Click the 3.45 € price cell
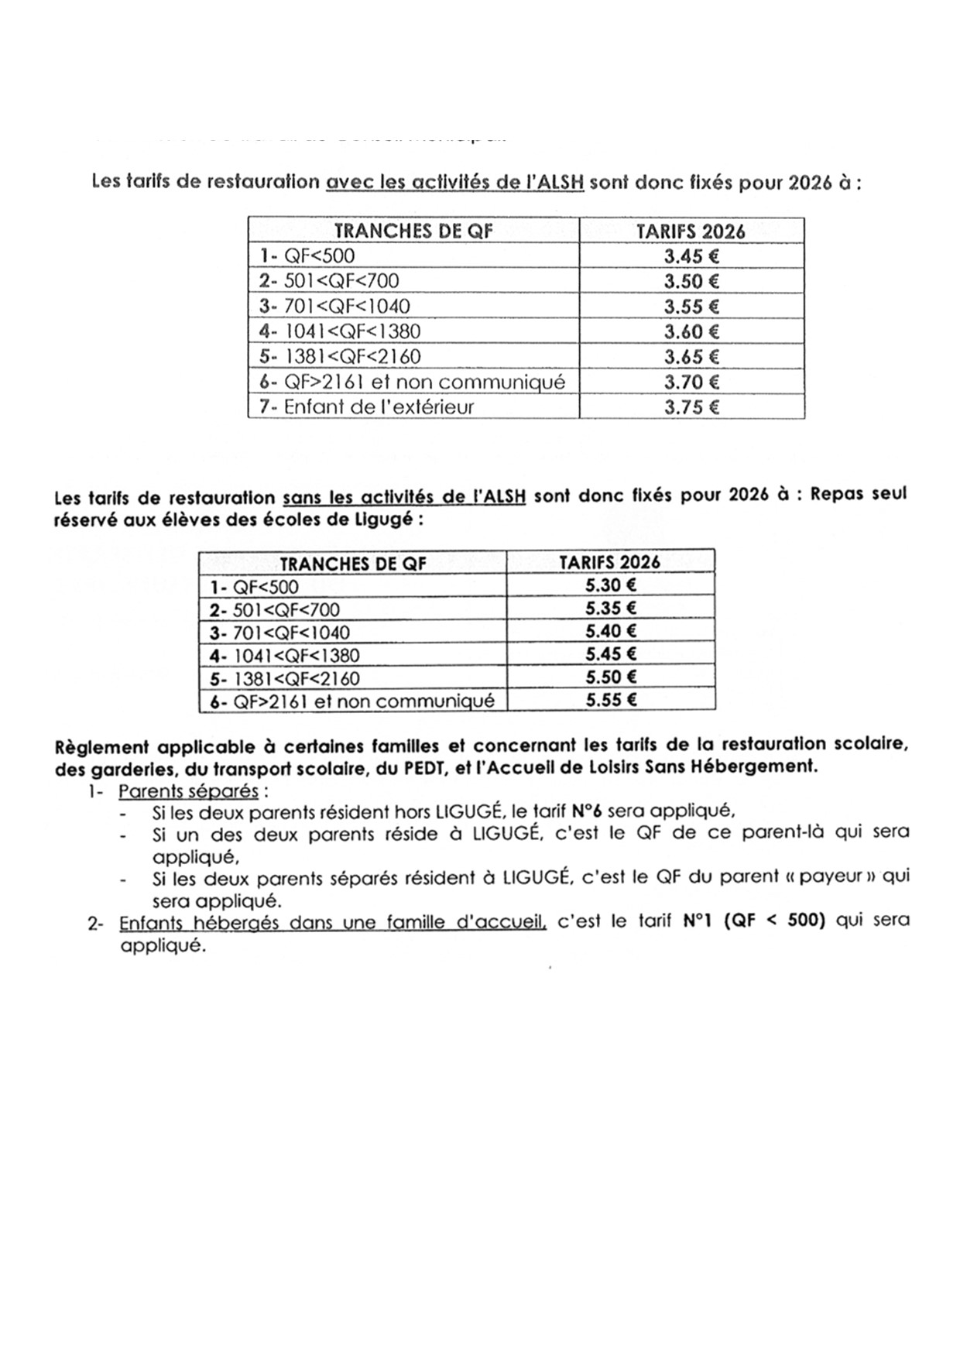691,255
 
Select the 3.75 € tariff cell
691,406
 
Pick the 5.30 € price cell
611,585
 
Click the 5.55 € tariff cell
611,700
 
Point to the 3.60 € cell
691,331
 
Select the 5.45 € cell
611,654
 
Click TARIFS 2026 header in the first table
691,231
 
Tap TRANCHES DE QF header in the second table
353,564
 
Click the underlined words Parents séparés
188,791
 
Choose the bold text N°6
587,811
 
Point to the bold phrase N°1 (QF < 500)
755,921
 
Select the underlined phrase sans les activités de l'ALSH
405,496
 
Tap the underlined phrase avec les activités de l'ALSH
455,183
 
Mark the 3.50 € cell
691,281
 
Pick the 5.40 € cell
611,631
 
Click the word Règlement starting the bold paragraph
101,747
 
